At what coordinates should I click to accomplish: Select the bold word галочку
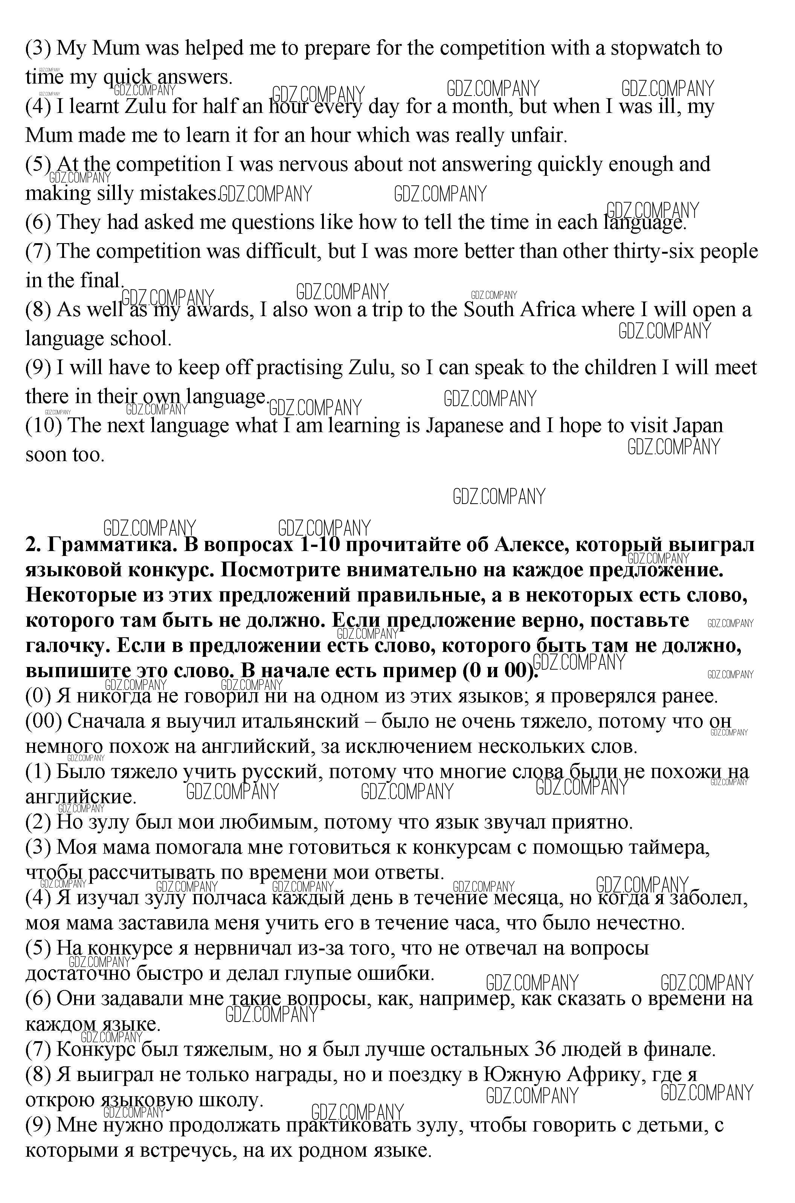click(67, 646)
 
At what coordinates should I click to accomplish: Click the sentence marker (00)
click(44, 721)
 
